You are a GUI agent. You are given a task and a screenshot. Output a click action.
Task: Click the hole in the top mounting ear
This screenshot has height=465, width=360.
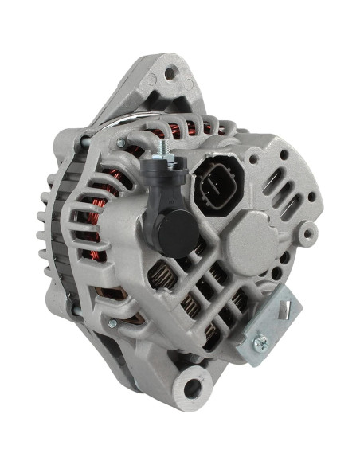pyautogui.click(x=170, y=75)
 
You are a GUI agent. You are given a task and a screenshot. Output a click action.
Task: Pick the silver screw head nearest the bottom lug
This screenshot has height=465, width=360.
pyautogui.click(x=112, y=322)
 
